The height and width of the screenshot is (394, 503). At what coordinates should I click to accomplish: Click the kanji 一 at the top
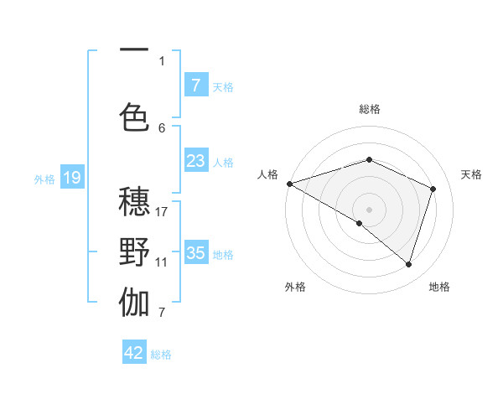tap(134, 51)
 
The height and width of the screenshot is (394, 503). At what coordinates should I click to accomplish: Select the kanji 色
tap(134, 117)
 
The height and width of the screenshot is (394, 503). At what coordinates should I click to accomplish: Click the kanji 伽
tap(134, 303)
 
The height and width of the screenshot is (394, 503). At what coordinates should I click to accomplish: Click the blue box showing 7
tap(195, 86)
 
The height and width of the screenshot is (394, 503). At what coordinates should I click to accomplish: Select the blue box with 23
tap(195, 161)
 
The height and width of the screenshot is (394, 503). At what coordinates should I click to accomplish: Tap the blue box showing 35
tap(195, 253)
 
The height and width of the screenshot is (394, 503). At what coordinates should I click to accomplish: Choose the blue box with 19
tap(72, 177)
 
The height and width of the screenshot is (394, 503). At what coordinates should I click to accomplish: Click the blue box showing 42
tap(134, 353)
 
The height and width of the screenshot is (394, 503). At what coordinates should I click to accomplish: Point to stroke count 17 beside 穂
tap(162, 211)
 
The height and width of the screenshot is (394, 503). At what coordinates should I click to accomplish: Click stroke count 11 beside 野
tap(162, 262)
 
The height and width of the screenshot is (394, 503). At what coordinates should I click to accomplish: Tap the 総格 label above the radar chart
tap(369, 109)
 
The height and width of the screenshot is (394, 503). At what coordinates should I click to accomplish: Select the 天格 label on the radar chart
tap(471, 174)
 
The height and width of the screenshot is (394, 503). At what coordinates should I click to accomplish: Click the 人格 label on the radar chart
tap(267, 174)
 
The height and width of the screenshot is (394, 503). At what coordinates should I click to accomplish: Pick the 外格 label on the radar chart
tap(295, 287)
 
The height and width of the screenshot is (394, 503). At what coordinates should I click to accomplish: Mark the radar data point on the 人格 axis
tap(288, 184)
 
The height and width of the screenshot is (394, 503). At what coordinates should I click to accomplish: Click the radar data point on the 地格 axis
tap(408, 264)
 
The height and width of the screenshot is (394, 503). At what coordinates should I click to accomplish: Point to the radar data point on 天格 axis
tap(433, 189)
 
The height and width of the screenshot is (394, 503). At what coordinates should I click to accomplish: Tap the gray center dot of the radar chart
tap(369, 209)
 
